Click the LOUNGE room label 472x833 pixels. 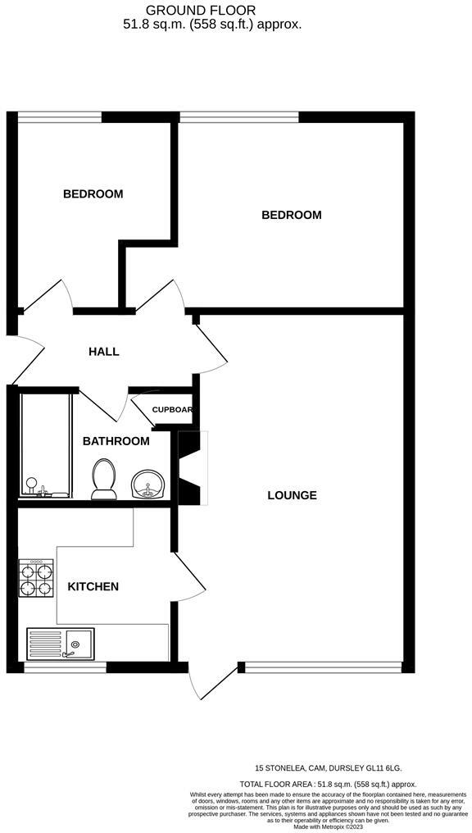[x=292, y=495]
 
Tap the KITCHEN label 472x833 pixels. [x=93, y=586]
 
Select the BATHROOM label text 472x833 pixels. [x=116, y=441]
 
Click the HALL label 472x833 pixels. [x=104, y=352]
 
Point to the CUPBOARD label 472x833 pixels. [x=172, y=410]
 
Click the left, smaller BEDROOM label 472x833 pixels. [x=93, y=194]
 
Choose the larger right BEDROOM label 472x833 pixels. [x=291, y=215]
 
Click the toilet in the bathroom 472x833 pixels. [x=103, y=480]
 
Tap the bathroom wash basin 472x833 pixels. [x=147, y=485]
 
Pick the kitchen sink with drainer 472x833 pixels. [x=61, y=644]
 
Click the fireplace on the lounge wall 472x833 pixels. [x=191, y=468]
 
